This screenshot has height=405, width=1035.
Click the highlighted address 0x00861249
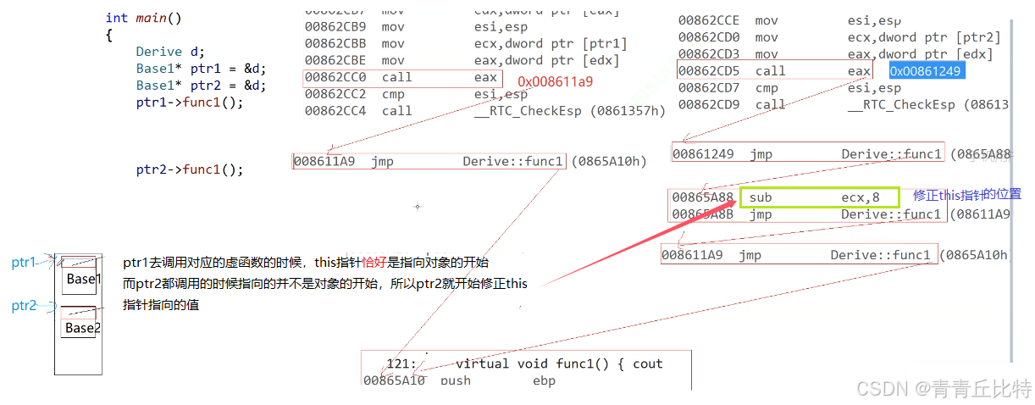(927, 70)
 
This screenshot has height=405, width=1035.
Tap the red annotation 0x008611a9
(556, 81)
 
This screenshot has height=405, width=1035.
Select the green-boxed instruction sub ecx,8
(818, 197)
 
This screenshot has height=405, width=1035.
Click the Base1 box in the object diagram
(83, 279)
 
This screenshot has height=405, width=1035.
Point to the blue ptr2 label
(25, 306)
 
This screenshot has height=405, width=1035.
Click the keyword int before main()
(117, 18)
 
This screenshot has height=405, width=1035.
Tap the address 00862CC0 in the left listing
(335, 77)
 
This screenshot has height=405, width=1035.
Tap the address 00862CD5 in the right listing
(709, 71)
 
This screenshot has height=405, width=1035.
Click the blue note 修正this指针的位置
(966, 194)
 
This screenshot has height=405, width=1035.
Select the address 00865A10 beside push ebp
(394, 380)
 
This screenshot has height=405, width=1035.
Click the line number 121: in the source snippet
(401, 363)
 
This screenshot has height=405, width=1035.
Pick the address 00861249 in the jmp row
(703, 154)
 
